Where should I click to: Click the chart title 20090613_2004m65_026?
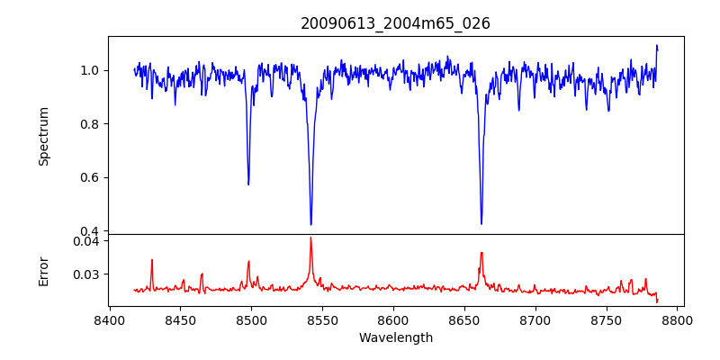click(395, 23)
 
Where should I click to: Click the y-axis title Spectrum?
click(43, 136)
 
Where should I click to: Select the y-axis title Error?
click(43, 269)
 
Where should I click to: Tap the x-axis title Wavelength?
click(395, 338)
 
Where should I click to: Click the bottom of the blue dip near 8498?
click(248, 184)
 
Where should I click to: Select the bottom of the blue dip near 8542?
click(310, 224)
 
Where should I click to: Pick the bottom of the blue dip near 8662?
click(481, 223)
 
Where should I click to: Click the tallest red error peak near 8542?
click(310, 238)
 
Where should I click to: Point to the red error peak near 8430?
click(152, 260)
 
